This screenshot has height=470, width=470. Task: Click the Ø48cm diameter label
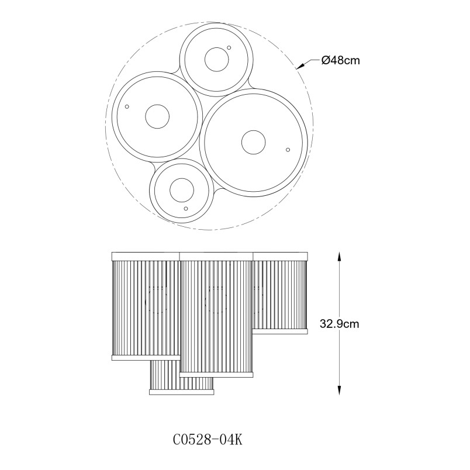coord(340,61)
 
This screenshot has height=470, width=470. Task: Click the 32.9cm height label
coord(339,324)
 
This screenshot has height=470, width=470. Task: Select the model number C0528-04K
coord(208,440)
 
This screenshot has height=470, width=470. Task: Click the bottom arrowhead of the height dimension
coord(339,390)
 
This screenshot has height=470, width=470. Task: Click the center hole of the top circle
coord(216,60)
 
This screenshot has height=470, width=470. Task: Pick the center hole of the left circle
coord(157,116)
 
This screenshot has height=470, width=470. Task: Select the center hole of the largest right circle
coord(253,143)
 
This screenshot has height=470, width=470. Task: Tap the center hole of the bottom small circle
coord(182,191)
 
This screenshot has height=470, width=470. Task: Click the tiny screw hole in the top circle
coord(229,47)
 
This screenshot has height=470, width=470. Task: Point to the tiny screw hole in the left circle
coord(127,106)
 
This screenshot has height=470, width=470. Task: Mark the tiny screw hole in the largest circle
coord(288,150)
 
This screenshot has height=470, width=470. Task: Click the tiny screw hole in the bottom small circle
coord(186,208)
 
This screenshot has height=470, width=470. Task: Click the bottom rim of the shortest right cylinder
coord(280,331)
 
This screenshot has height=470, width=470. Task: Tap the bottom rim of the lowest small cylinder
coord(182,392)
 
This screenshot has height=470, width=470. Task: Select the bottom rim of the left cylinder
coord(146,358)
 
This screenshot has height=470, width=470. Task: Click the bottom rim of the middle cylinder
coord(216,374)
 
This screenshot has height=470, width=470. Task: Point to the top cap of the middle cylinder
coord(216,257)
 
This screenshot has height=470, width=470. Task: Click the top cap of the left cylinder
coord(146,257)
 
